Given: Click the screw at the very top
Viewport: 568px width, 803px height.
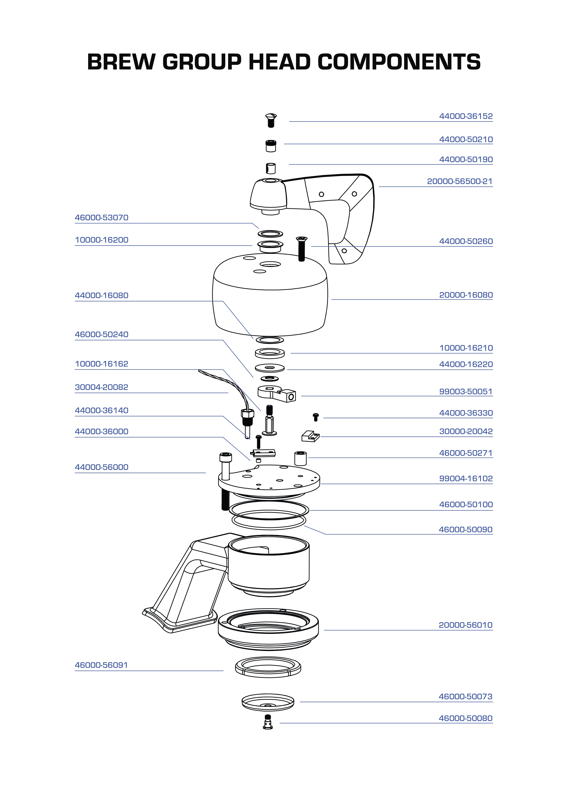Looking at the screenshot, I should tap(271, 120).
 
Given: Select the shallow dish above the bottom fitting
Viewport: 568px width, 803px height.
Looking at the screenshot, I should tap(268, 702).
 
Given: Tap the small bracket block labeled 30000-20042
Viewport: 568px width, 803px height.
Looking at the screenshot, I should tap(310, 437).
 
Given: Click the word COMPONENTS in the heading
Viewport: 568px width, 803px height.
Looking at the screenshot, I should tap(399, 62).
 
